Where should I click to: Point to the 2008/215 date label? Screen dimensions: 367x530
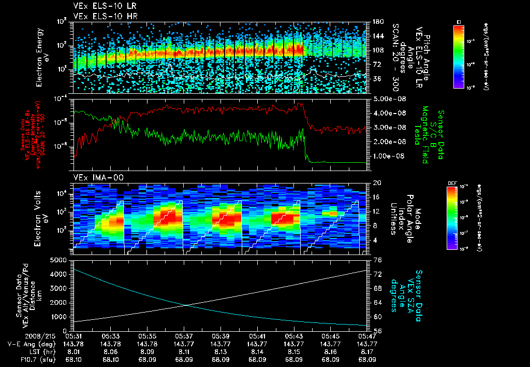(x=19, y=336)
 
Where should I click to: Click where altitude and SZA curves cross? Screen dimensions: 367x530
(x=187, y=305)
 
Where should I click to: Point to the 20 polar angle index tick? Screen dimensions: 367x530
(x=377, y=183)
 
